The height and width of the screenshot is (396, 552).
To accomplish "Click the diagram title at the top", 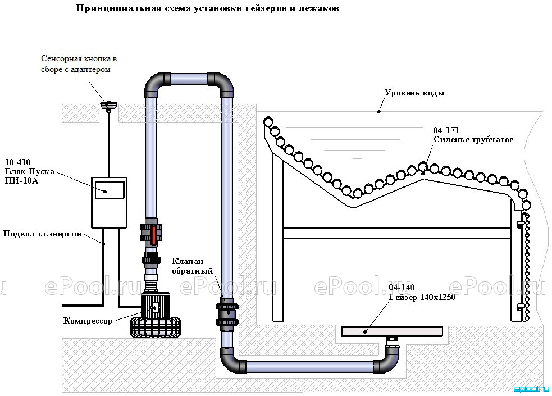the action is [207, 8].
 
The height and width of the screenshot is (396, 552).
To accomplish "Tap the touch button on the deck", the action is [108, 105].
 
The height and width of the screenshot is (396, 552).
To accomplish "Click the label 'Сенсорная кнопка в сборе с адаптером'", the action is [79, 63].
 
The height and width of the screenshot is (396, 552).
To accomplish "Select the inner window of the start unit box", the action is [110, 190].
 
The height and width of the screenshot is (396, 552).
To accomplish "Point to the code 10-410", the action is [17, 162].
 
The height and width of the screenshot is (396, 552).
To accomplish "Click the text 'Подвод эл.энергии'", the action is [43, 234].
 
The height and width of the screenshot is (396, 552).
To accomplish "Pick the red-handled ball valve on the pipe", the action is [152, 233].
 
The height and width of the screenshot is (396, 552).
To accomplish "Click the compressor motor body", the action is [155, 305].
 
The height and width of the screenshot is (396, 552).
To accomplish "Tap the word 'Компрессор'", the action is [88, 321].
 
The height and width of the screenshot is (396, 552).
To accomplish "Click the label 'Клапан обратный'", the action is [192, 266].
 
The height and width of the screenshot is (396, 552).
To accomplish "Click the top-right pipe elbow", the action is [221, 84].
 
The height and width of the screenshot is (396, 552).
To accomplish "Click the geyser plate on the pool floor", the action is [392, 331].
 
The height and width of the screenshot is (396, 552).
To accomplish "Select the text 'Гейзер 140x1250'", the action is [422, 297].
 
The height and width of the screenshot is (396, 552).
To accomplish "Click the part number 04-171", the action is [446, 130].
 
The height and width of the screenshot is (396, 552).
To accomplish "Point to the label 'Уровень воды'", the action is [414, 93].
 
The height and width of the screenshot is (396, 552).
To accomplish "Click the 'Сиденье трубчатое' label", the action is [473, 139].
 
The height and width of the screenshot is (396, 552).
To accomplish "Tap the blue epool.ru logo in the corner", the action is [532, 389].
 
